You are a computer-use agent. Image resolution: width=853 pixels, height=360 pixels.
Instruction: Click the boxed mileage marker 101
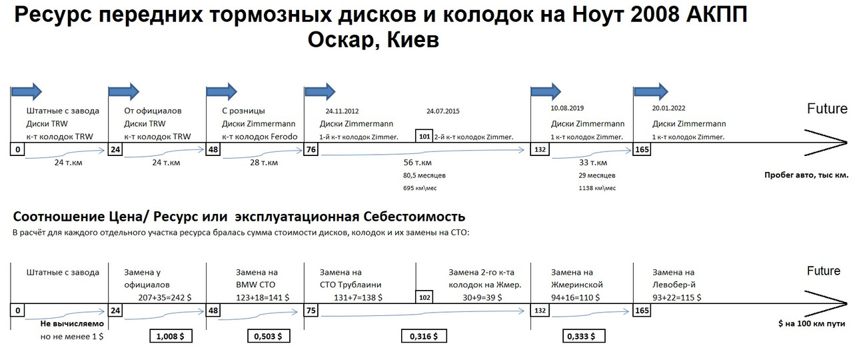424,136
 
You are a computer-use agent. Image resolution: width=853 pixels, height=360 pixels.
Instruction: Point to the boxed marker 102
424,298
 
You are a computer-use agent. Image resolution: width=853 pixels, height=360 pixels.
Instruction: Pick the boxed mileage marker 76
311,150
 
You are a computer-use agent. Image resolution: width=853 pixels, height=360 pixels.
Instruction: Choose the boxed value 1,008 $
171,337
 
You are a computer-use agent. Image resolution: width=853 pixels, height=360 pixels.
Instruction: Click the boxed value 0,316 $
424,337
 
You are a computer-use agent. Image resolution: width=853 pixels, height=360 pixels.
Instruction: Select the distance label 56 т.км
419,163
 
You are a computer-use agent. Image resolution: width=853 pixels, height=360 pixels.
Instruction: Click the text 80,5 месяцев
425,176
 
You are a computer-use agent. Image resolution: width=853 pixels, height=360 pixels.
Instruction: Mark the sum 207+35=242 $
164,297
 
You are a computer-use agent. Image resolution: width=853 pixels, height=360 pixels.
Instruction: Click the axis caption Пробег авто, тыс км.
806,176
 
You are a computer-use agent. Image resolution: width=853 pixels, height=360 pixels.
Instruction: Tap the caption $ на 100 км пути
812,324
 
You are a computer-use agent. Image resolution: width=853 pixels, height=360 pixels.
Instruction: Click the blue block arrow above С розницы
222,91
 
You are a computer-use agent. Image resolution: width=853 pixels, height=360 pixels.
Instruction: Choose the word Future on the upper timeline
827,109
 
